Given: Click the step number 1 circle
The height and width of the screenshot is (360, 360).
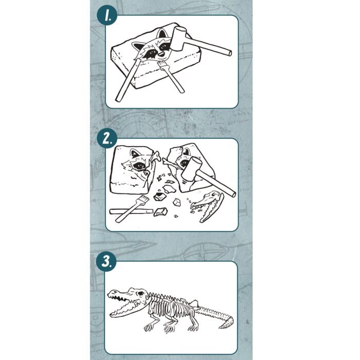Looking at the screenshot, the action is pos(107,16).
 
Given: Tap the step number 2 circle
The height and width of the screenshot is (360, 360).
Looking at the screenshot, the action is pos(107,138).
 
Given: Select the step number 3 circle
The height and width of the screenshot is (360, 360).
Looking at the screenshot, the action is pos(106,261).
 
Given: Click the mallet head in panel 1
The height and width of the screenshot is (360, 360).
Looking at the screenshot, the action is pos(178,38).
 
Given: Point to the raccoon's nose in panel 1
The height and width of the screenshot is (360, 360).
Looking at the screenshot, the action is pos(161,55).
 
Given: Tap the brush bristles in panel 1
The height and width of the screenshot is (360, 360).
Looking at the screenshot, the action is pos(163,65).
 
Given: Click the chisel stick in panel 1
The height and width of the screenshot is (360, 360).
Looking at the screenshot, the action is pos(128,80).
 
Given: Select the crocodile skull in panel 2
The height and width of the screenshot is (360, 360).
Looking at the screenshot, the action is pos(207,205).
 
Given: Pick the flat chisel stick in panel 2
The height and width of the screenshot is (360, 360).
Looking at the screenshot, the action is pos(131,211).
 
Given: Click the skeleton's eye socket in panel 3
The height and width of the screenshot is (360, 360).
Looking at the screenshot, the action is pos(140,294).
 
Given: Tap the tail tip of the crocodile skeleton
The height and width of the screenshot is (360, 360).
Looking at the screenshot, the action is pos(220,327).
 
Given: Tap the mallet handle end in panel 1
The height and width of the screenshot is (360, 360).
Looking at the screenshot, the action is pos(230,53).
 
